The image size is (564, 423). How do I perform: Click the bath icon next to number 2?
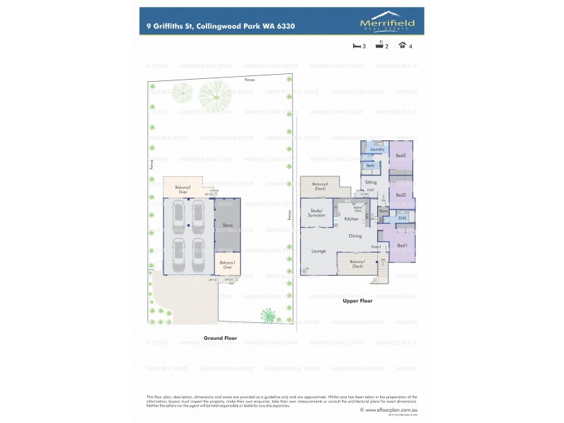[379, 46]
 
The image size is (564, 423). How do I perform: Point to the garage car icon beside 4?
[402, 46]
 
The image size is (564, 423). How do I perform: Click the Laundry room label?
[376, 149]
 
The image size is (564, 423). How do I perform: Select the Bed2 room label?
[400, 155]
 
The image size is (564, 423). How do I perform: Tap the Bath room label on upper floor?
[370, 166]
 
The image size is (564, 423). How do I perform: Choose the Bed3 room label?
[400, 195]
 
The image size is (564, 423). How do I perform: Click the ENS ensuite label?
[403, 219]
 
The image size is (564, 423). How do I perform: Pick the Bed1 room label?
[402, 245]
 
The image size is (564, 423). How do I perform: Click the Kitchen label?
[352, 219]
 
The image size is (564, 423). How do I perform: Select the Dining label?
[355, 235]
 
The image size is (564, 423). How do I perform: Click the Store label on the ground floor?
[228, 226]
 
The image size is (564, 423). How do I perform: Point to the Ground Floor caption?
[220, 338]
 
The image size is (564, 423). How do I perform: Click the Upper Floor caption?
[357, 300]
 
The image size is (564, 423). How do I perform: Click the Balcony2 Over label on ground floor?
[183, 189]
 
